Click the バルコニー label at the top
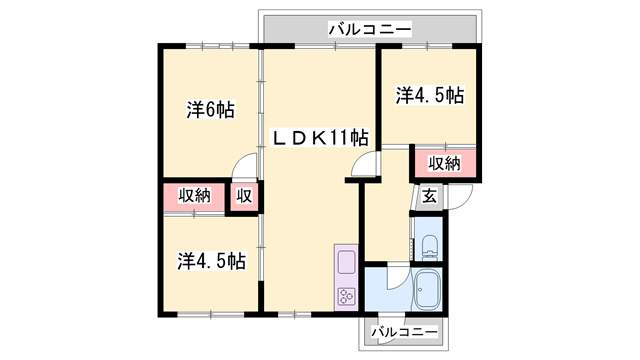coord(370,31)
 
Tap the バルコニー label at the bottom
coord(404,331)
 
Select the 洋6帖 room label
coord(210,109)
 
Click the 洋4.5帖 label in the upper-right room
coord(429,96)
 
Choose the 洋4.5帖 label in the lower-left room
coord(212,261)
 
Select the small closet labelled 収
coord(244,196)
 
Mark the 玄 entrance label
coord(428,196)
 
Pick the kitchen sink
coord(346,263)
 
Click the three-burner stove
coord(346,296)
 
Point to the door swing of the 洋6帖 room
coord(246,168)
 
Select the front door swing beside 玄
coord(452,196)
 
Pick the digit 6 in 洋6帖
coord(210,109)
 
